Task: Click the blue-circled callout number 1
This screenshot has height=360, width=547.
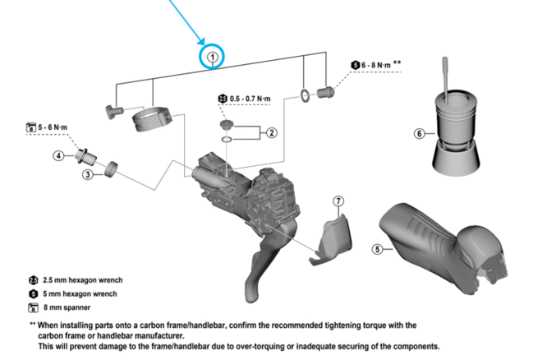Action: coord(213,56)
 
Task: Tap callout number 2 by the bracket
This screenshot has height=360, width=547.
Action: coord(271,132)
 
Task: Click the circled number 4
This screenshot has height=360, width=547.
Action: coord(59,155)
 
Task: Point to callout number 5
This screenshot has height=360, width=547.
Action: coord(377,248)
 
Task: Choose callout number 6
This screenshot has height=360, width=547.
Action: coord(419,133)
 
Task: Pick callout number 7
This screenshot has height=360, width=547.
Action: coord(338,201)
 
